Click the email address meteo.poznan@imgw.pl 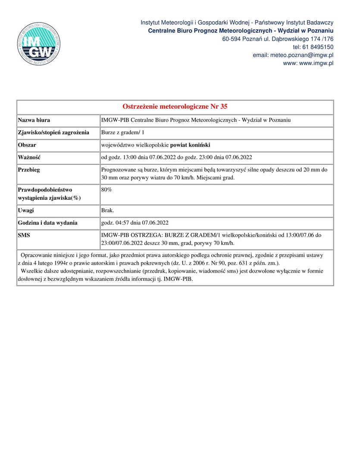[293, 55]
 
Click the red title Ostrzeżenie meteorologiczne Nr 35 [175, 107]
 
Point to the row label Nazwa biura [34, 120]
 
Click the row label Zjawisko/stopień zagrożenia [53, 132]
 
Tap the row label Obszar [27, 145]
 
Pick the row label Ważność [29, 157]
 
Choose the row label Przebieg [29, 170]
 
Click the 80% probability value [106, 189]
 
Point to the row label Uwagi [26, 211]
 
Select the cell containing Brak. [108, 211]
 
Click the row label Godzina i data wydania [48, 223]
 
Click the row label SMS [24, 236]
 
